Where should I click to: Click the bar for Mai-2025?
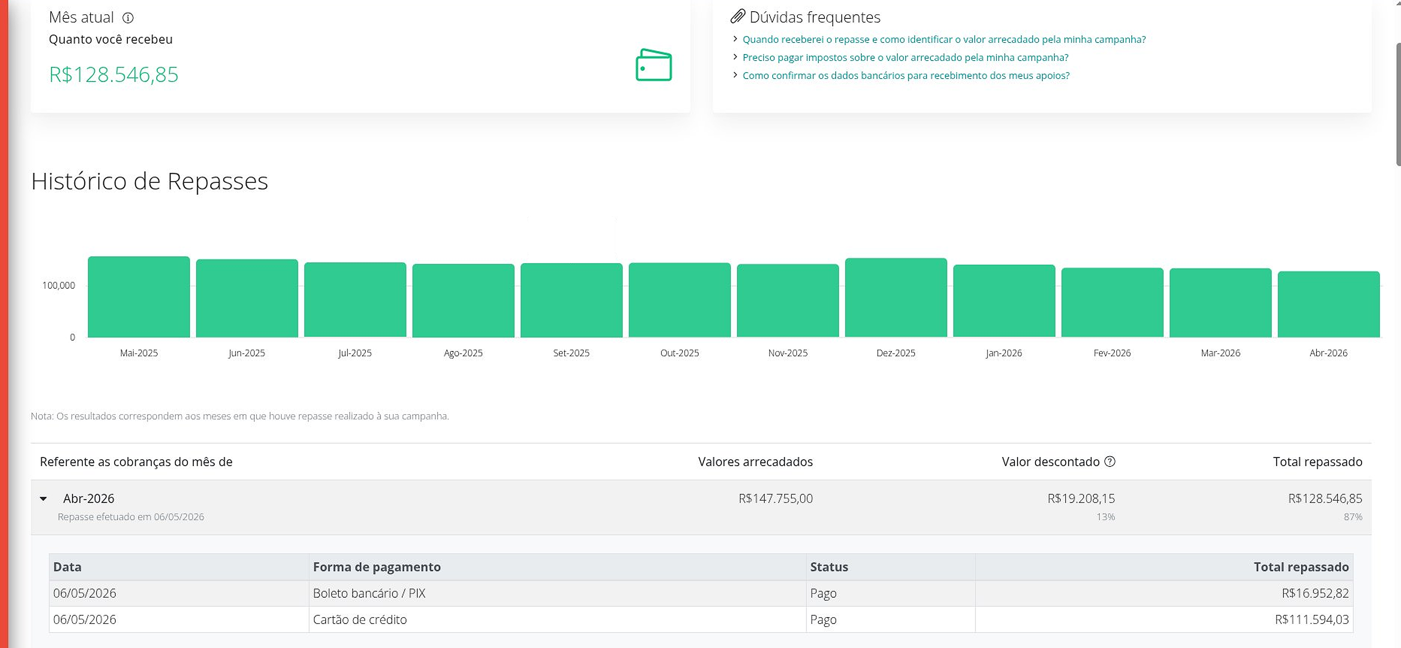click(x=139, y=297)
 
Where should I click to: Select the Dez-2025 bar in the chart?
click(x=896, y=298)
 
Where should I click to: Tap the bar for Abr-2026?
click(x=1328, y=304)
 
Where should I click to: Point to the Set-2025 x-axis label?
click(x=571, y=353)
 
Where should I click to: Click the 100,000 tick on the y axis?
click(x=59, y=286)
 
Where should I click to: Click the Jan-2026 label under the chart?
click(x=1004, y=353)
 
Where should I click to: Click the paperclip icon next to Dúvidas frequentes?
click(x=737, y=16)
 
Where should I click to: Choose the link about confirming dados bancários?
click(x=906, y=76)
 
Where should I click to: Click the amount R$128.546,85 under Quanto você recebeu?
click(x=114, y=74)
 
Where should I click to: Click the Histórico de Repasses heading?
click(x=149, y=181)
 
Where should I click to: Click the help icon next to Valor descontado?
click(x=1110, y=461)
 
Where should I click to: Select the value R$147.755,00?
click(x=776, y=498)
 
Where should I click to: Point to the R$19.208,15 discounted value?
click(x=1081, y=498)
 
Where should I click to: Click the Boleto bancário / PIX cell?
click(x=369, y=593)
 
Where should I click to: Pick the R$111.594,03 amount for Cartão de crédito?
click(x=1312, y=619)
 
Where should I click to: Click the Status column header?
click(x=829, y=567)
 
